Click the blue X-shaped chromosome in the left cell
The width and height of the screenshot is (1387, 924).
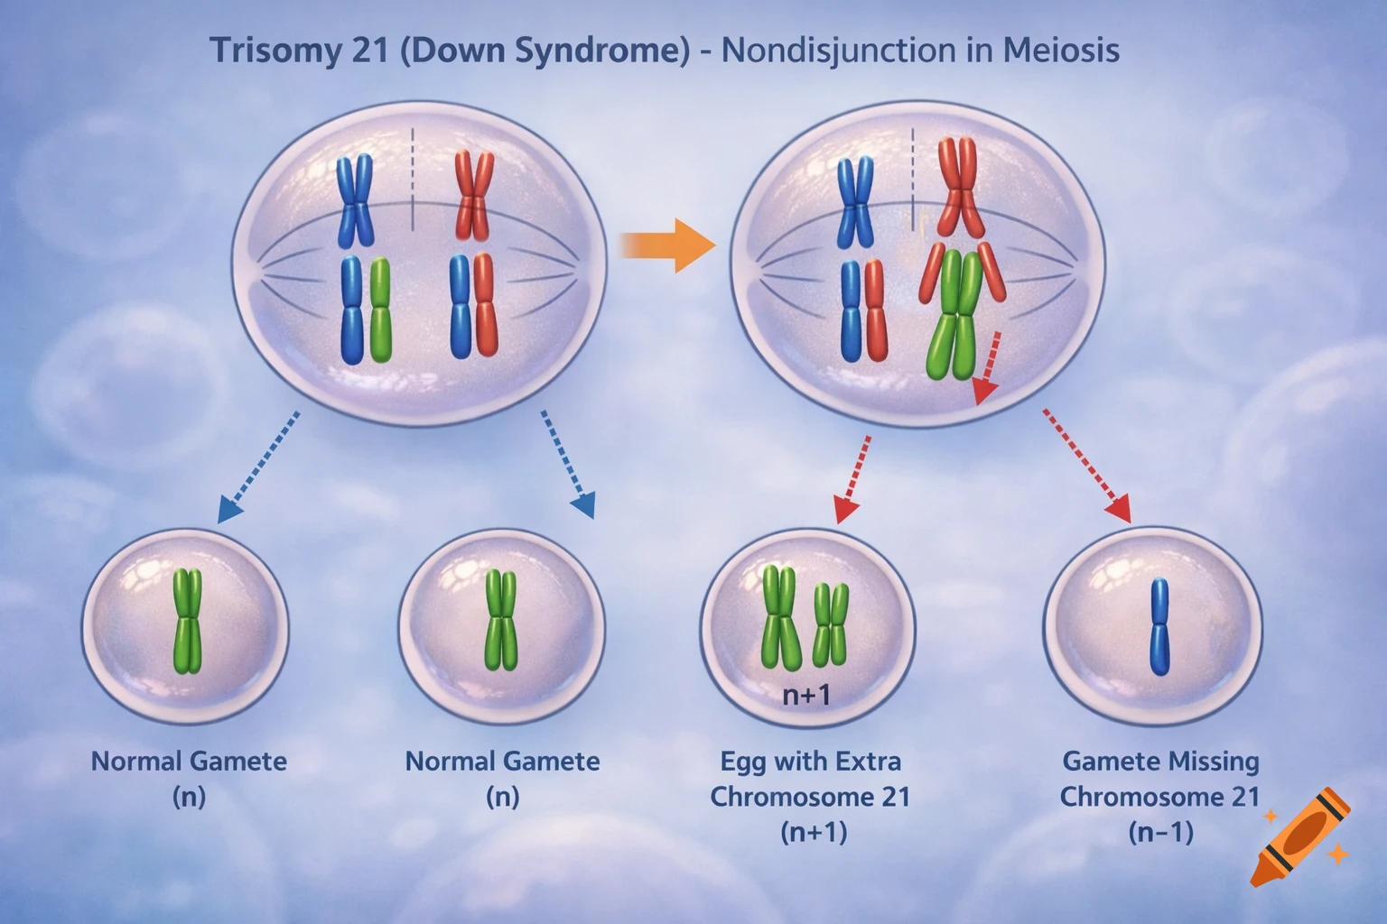pos(355,200)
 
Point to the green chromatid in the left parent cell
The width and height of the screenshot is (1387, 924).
pos(380,310)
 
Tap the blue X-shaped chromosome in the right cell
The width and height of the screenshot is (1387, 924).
pos(855,202)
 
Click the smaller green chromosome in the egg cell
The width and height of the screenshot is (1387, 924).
pos(831,623)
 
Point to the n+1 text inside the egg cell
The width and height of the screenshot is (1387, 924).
pos(805,695)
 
